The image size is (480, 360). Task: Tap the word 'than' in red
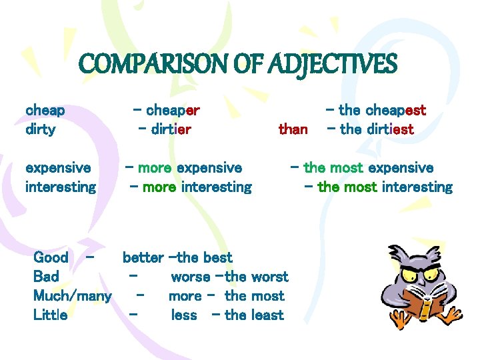click(293, 129)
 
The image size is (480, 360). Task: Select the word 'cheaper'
click(173, 110)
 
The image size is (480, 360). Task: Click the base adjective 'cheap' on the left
click(45, 110)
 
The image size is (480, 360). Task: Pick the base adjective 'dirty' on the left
click(40, 129)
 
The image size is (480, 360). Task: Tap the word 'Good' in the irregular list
click(51, 257)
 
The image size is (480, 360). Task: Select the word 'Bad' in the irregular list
click(46, 277)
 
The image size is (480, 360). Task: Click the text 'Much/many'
click(73, 296)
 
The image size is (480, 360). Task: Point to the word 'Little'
click(50, 315)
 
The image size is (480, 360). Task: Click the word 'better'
click(143, 257)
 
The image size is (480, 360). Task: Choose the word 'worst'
click(269, 277)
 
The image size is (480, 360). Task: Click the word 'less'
click(184, 315)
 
